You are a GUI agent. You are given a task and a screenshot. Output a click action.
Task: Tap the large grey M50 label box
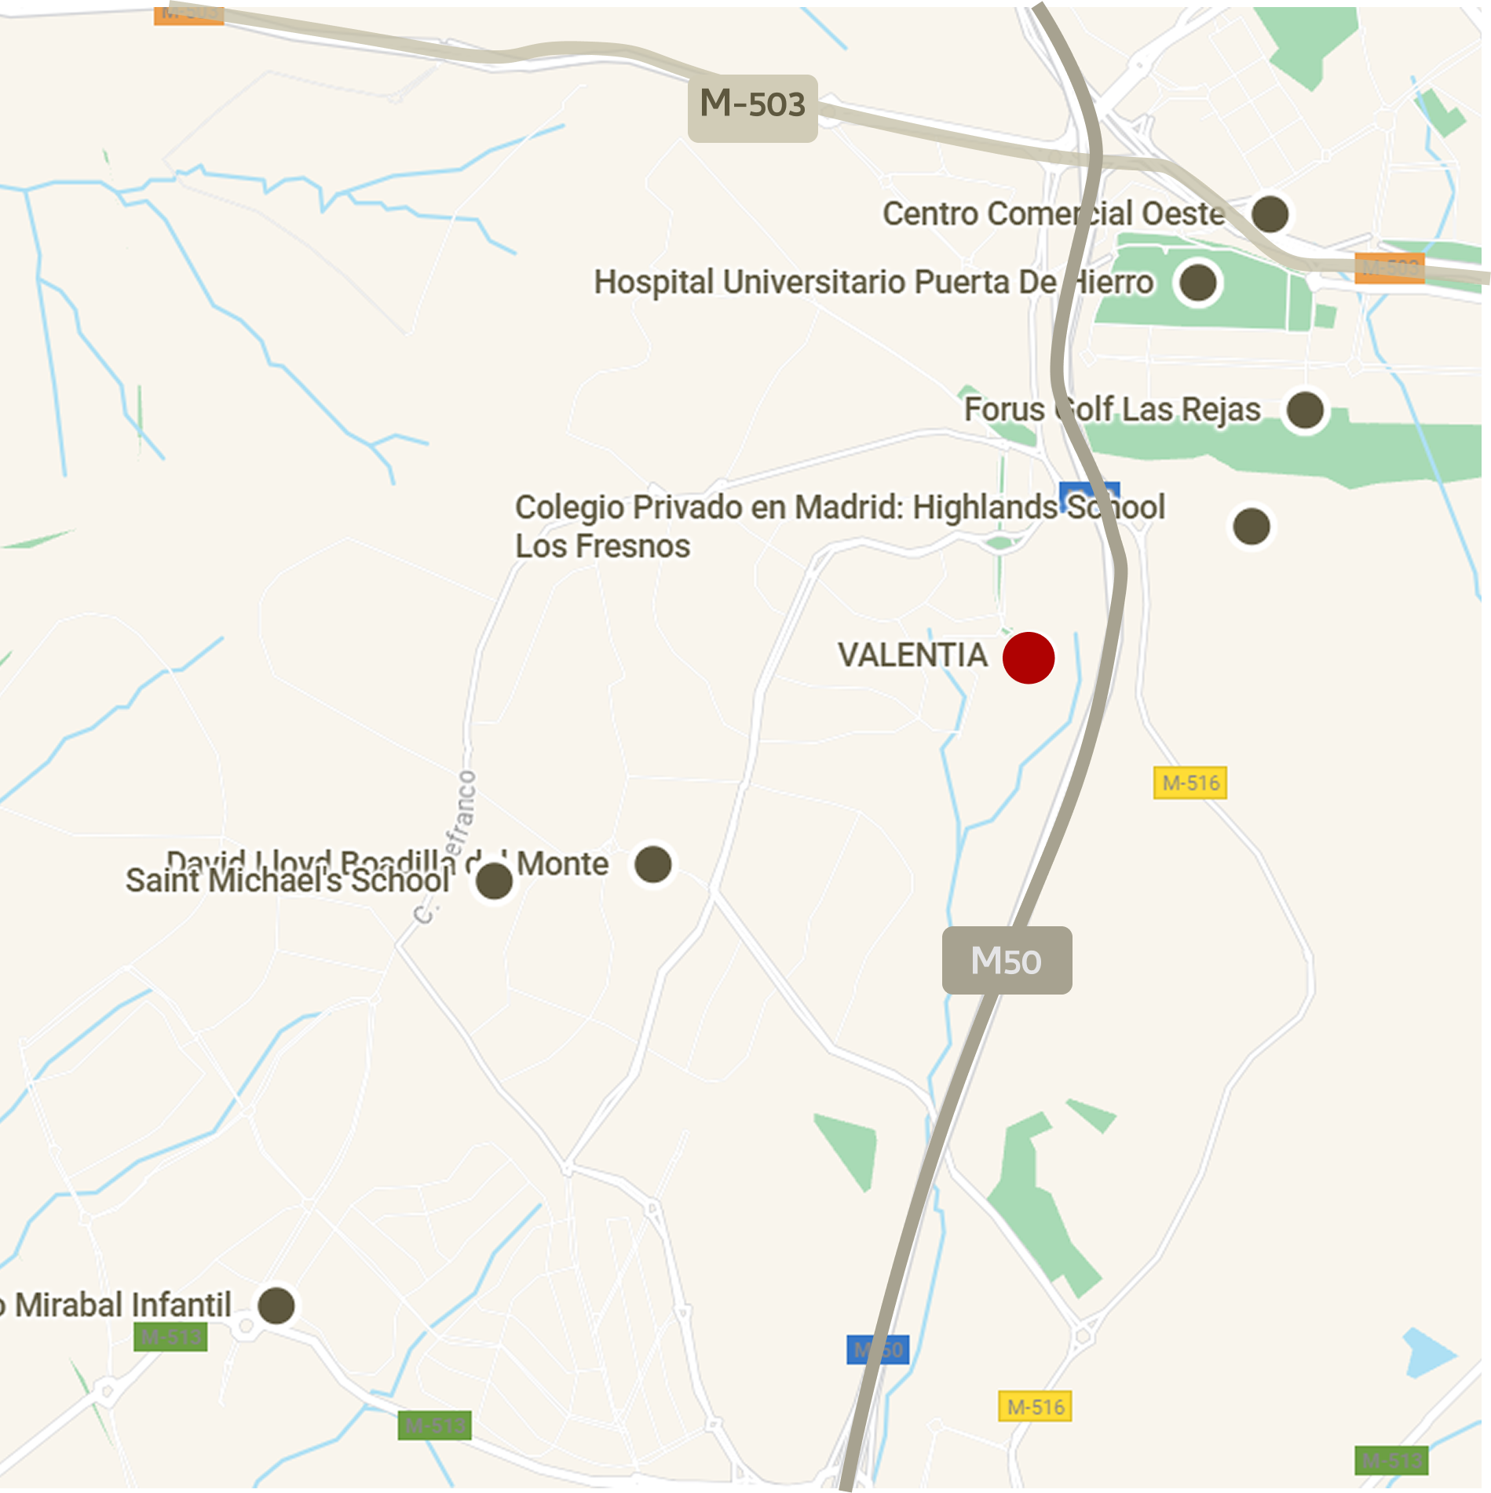[1007, 960]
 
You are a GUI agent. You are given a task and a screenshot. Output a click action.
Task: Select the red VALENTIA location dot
[1029, 658]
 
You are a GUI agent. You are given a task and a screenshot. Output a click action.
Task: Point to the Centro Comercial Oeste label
[1053, 214]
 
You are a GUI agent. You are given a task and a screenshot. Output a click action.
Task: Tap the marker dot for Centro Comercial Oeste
[1270, 214]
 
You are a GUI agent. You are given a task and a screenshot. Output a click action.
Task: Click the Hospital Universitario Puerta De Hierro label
[873, 283]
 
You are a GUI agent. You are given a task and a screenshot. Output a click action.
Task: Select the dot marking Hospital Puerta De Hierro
[1198, 283]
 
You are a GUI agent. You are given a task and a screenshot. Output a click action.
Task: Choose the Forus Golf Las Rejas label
[1112, 410]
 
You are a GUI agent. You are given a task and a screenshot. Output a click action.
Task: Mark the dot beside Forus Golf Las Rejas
[1305, 410]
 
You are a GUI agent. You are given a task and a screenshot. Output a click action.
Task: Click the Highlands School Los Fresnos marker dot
[1252, 526]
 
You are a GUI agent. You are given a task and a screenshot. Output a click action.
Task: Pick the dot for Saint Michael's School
[495, 881]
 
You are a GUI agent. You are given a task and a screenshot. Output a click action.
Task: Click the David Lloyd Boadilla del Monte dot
[653, 864]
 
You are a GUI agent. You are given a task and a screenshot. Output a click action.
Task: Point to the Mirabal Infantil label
[118, 1305]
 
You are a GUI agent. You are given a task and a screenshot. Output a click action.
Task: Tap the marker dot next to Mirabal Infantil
[276, 1305]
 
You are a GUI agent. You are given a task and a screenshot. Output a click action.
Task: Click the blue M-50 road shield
[878, 1349]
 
